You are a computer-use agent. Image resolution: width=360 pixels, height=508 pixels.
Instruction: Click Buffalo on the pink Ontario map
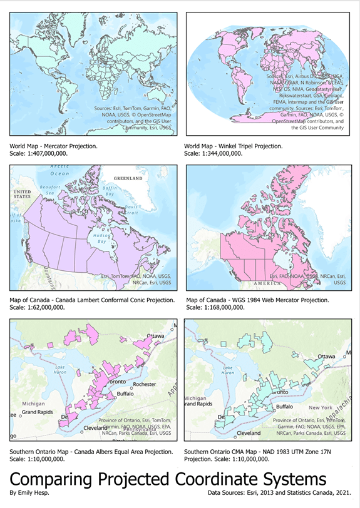click(x=127, y=394)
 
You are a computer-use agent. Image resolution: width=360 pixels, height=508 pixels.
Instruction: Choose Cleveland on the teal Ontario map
click(x=248, y=432)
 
